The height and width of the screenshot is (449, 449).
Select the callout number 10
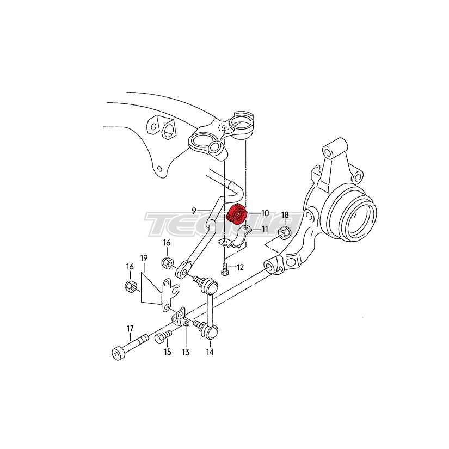click(x=265, y=213)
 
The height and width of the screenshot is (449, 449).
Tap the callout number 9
click(x=194, y=211)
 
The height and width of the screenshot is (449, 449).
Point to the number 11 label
click(x=264, y=229)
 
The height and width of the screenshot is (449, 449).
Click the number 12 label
click(x=240, y=267)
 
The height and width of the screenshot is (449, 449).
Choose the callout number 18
click(x=285, y=215)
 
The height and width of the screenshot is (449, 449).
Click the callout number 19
click(x=144, y=258)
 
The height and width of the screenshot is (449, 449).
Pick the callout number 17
click(x=130, y=328)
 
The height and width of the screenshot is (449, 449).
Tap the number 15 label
click(x=167, y=352)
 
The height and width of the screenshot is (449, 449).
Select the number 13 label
click(x=186, y=352)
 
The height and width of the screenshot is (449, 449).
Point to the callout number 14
click(x=210, y=352)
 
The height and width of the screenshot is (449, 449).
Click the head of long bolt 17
click(x=118, y=353)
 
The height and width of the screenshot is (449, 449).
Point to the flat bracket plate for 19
click(x=169, y=295)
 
